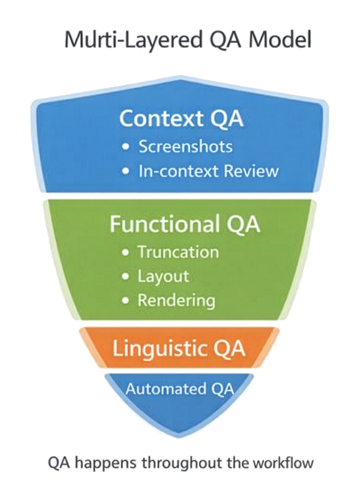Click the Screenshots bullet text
(x=186, y=147)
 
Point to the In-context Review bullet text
(x=208, y=171)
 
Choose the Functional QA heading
(x=185, y=225)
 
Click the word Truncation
(x=178, y=252)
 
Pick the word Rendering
(x=176, y=301)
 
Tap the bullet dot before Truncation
(x=125, y=253)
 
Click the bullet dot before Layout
(x=125, y=277)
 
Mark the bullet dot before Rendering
(x=125, y=302)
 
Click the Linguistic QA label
(x=179, y=349)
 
